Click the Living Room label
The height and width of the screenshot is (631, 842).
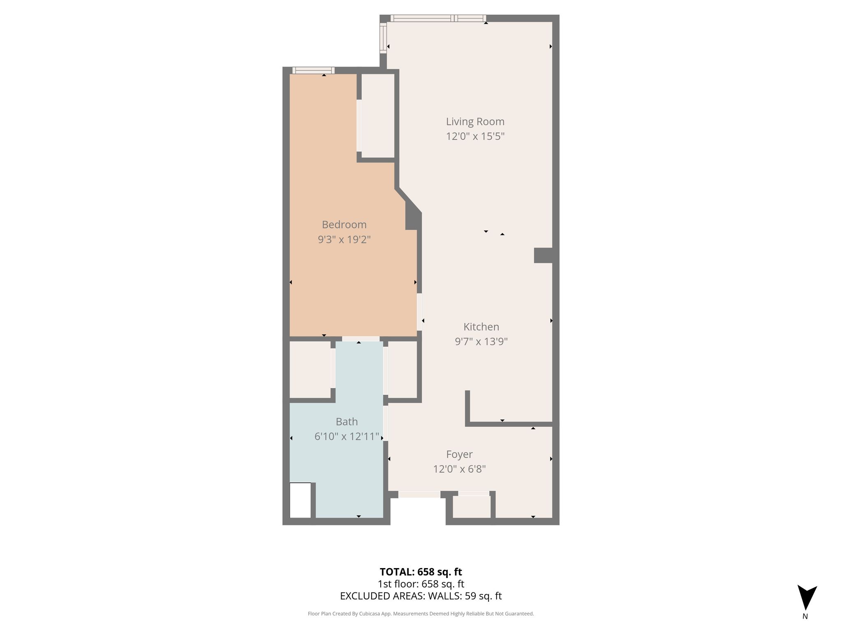pyautogui.click(x=475, y=122)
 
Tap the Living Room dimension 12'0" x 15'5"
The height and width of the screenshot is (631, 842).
pyautogui.click(x=475, y=136)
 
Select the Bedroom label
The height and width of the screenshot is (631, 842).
pyautogui.click(x=344, y=225)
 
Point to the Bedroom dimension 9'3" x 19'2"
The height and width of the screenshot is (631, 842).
pyautogui.click(x=344, y=240)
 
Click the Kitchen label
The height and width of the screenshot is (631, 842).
pyautogui.click(x=481, y=327)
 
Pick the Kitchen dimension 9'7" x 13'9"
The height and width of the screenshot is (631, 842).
pyautogui.click(x=481, y=342)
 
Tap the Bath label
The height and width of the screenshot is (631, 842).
pyautogui.click(x=347, y=422)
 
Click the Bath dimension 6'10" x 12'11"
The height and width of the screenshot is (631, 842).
pyautogui.click(x=347, y=437)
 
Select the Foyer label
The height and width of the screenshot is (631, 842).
pyautogui.click(x=459, y=454)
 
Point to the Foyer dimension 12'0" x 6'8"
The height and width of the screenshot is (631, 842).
pyautogui.click(x=459, y=469)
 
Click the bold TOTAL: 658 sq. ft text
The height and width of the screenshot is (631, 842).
pyautogui.click(x=421, y=572)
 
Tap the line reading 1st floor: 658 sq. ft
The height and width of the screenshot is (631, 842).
pyautogui.click(x=421, y=584)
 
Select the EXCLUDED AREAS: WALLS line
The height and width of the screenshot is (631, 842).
pyautogui.click(x=421, y=596)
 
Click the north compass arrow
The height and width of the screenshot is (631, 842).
pyautogui.click(x=807, y=597)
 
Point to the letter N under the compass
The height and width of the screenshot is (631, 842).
pyautogui.click(x=805, y=616)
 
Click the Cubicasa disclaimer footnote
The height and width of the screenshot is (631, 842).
pyautogui.click(x=421, y=614)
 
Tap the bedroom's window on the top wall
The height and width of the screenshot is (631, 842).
pyautogui.click(x=313, y=70)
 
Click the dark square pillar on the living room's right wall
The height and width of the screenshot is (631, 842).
pyautogui.click(x=543, y=255)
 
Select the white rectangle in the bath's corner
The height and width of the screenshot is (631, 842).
pyautogui.click(x=301, y=500)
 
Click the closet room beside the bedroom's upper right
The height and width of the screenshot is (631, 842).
pyautogui.click(x=378, y=116)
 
